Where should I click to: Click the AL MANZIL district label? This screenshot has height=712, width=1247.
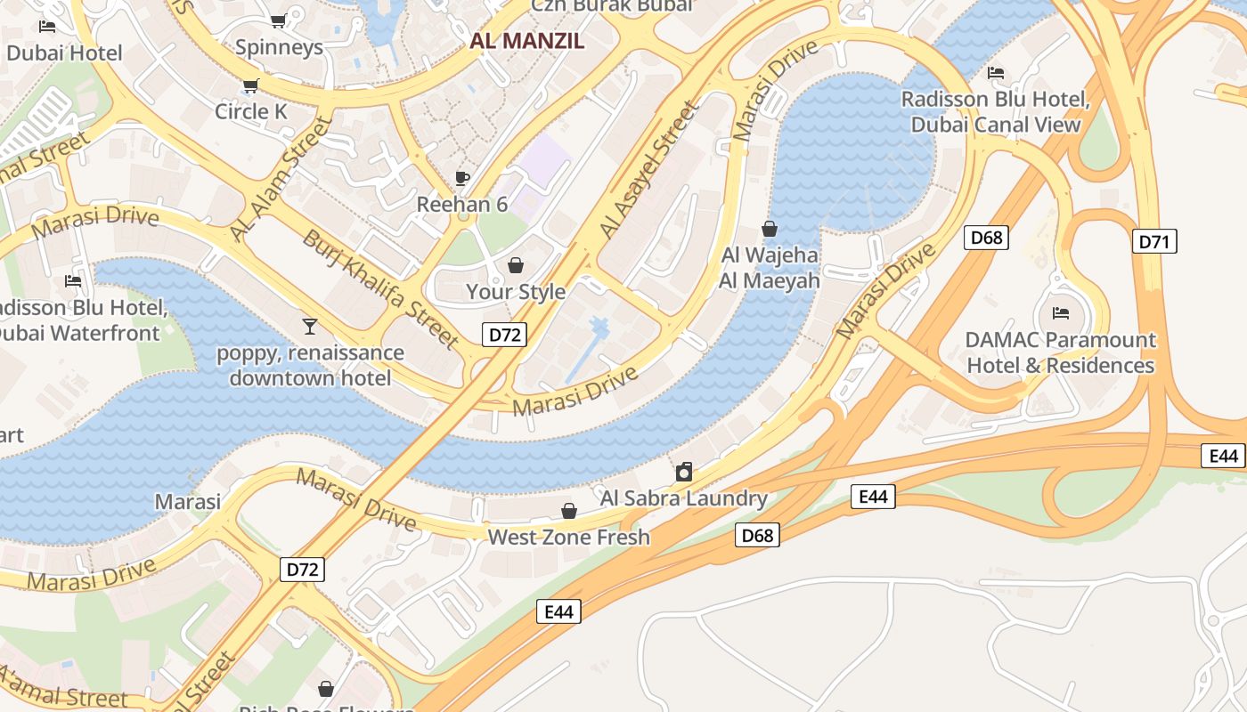pyautogui.click(x=528, y=40)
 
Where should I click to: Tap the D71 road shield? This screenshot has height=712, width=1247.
pyautogui.click(x=1154, y=241)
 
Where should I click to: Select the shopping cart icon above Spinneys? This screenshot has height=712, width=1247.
pyautogui.click(x=278, y=20)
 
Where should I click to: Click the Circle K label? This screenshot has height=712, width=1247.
pyautogui.click(x=251, y=111)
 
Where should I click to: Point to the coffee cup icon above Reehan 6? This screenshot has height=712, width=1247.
pyautogui.click(x=462, y=177)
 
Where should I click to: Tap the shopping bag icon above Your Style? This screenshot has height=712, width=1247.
pyautogui.click(x=515, y=265)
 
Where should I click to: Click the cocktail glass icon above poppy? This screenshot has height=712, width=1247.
pyautogui.click(x=309, y=326)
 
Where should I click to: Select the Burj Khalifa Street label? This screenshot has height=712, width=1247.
pyautogui.click(x=380, y=289)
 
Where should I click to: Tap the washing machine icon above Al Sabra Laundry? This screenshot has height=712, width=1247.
pyautogui.click(x=683, y=472)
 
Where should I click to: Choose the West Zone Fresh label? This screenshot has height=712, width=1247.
pyautogui.click(x=568, y=537)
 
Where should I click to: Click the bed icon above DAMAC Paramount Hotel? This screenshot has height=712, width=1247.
pyautogui.click(x=1060, y=313)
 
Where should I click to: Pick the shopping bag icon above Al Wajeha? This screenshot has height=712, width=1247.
pyautogui.click(x=770, y=229)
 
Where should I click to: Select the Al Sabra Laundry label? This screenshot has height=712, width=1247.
pyautogui.click(x=683, y=498)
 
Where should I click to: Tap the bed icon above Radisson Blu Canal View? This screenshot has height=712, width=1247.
pyautogui.click(x=996, y=72)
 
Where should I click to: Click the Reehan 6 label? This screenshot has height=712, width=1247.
pyautogui.click(x=462, y=205)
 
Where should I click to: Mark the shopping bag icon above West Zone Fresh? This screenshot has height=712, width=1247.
pyautogui.click(x=568, y=511)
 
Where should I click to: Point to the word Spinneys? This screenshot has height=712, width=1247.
pyautogui.click(x=279, y=47)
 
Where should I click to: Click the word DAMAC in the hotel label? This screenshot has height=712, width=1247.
pyautogui.click(x=1003, y=340)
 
